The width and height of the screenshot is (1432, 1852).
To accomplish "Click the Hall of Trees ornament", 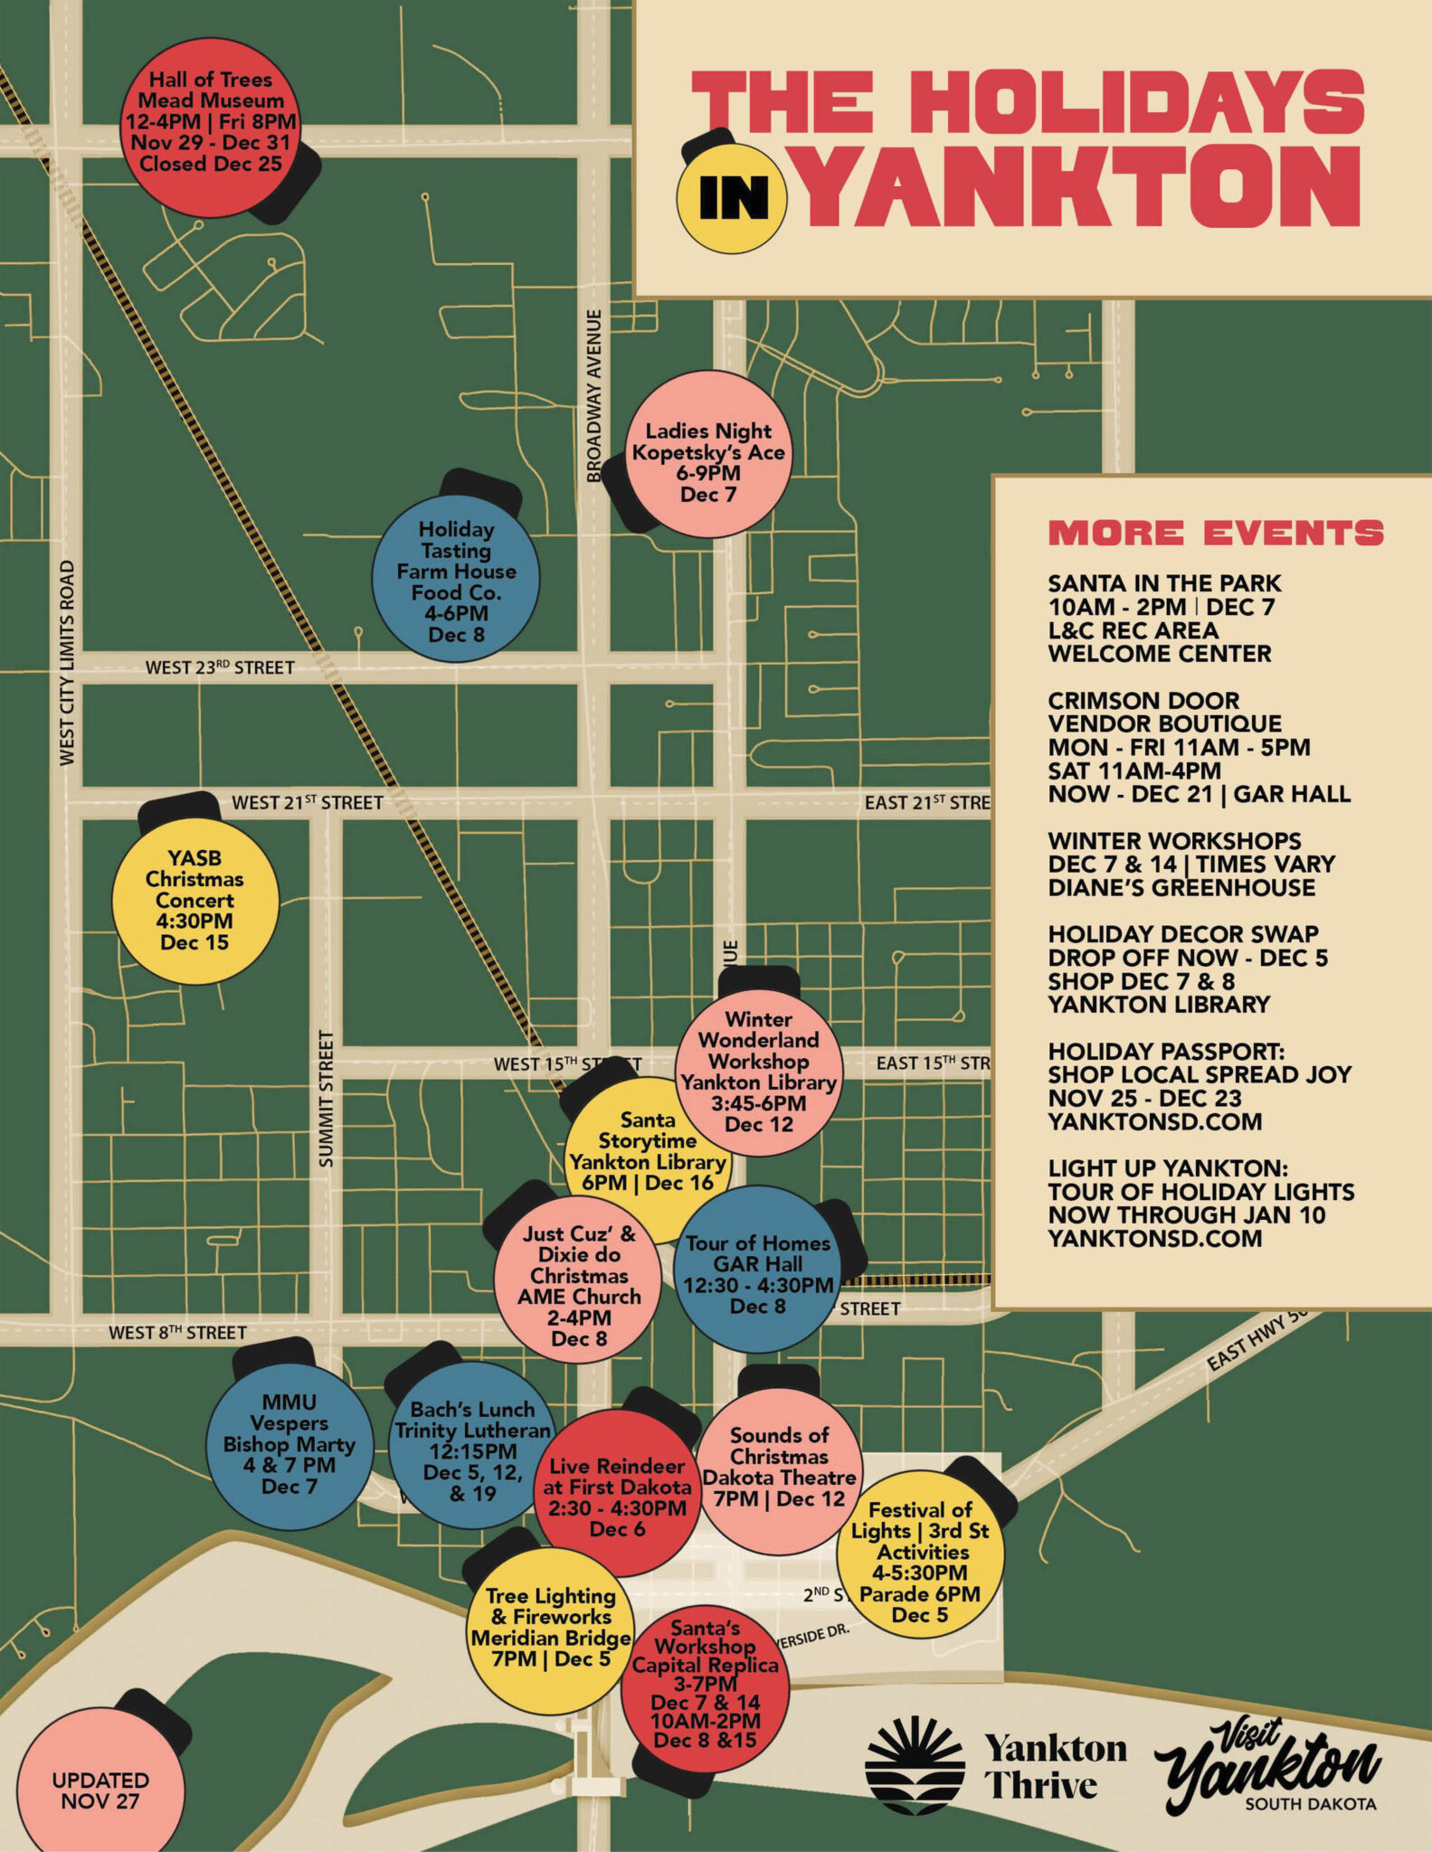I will tap(211, 125).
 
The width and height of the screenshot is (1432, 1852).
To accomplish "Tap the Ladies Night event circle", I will tap(708, 455).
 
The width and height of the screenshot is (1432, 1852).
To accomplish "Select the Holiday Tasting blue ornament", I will tap(456, 579).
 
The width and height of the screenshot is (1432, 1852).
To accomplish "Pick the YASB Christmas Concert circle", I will tap(194, 901).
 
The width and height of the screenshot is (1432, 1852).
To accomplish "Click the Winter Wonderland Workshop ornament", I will tap(759, 1072).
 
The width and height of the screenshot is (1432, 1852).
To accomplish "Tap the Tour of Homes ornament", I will tap(758, 1269).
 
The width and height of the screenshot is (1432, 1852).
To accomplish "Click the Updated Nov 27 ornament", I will tap(100, 1791).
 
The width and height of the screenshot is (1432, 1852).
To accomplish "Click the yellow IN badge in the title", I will tap(733, 198).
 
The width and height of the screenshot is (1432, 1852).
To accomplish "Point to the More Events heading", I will tap(1215, 534).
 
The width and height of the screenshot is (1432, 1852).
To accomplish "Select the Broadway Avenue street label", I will tap(594, 395).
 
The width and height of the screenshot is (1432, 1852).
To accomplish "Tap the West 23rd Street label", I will tap(220, 668).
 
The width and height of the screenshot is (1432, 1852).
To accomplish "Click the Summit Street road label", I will tap(327, 1098).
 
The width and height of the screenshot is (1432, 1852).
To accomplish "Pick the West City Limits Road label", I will tap(67, 663).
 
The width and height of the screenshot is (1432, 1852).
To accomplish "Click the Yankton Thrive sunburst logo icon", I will tap(915, 1763).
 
